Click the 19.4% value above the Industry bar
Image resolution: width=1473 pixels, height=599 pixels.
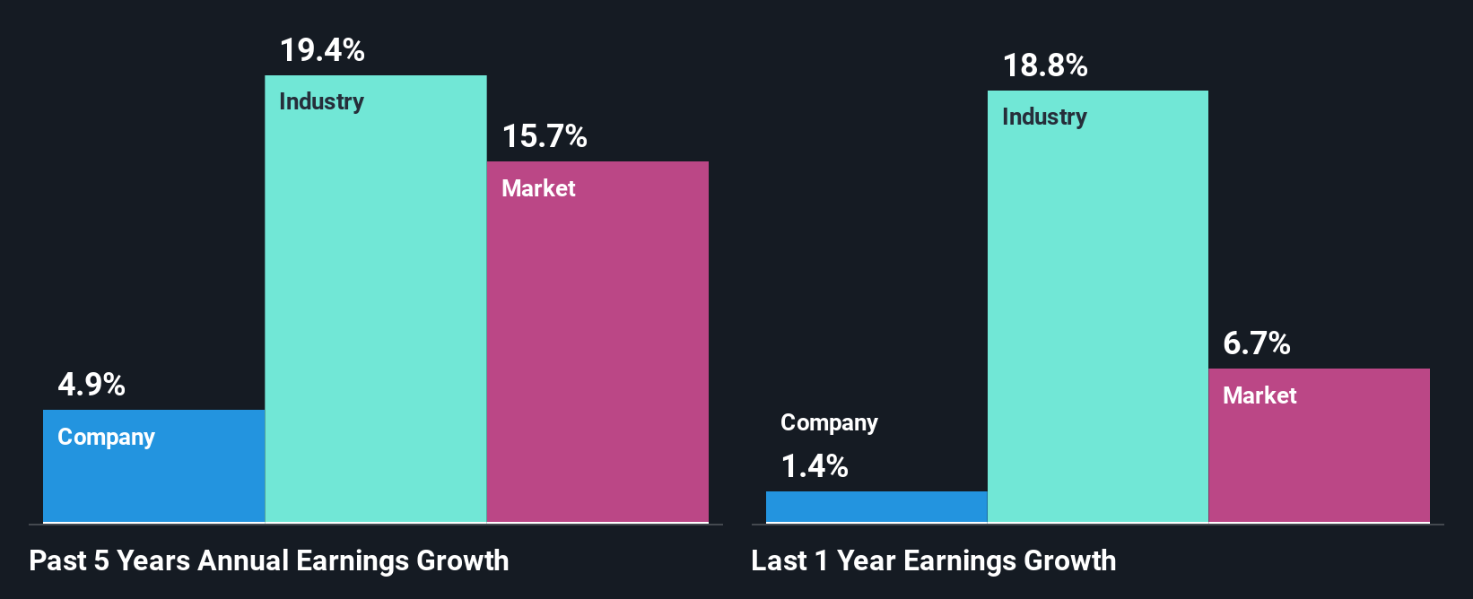pos(322,50)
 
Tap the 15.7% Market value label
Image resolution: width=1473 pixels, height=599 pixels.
pos(545,136)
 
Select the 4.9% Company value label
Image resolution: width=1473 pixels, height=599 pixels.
pos(92,385)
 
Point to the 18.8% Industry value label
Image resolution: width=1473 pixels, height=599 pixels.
pos(1045,65)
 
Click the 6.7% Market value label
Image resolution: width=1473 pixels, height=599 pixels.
pos(1257,343)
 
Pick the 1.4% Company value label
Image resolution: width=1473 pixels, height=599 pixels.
pos(815,466)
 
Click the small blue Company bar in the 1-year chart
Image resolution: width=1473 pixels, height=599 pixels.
pos(876,507)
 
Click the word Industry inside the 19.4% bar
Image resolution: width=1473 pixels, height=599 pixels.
pos(321,101)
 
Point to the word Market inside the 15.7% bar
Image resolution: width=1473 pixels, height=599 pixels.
pos(538,188)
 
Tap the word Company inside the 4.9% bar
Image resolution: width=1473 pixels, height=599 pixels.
pos(106,437)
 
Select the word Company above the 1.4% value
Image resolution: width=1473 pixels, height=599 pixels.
pos(829,422)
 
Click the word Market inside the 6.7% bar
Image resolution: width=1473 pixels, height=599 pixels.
pos(1259,395)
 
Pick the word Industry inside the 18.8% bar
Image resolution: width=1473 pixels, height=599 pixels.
pos(1044,117)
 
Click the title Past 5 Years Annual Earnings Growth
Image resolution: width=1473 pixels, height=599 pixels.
pos(269,560)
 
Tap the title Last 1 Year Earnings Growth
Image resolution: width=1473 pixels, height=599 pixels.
pos(934,560)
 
